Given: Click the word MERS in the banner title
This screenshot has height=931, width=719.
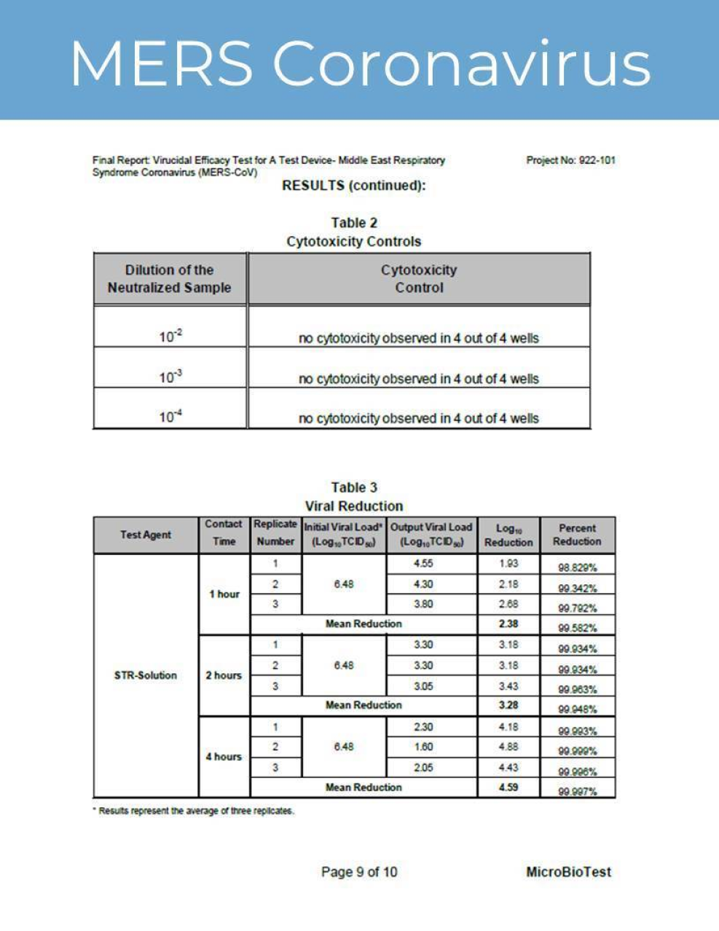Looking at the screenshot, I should click(x=162, y=63).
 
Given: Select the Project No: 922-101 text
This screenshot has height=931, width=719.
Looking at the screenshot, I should click(x=570, y=160).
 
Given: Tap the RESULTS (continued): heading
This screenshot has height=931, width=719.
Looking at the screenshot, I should click(x=353, y=186).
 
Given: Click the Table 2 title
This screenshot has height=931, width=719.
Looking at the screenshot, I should click(x=354, y=223).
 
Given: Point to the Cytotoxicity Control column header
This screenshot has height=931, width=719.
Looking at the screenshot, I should click(x=419, y=278).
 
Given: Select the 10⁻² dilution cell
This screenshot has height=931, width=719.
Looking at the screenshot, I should click(x=170, y=337).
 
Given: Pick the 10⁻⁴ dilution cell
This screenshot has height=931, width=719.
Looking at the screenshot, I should click(x=170, y=417).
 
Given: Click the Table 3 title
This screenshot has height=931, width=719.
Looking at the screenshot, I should click(x=354, y=487).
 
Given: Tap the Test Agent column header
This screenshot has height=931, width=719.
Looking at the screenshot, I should click(x=146, y=535).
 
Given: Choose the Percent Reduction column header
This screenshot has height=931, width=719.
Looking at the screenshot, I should click(x=577, y=535).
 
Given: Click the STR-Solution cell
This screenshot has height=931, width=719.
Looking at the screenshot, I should click(x=146, y=675).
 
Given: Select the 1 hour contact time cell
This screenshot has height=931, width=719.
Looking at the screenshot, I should click(x=224, y=594).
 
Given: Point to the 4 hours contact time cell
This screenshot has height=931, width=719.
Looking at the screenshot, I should click(x=224, y=757).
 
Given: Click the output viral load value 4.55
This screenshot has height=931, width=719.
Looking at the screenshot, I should click(x=423, y=564).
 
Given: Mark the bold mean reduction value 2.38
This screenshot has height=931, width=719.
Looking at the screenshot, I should click(x=508, y=624).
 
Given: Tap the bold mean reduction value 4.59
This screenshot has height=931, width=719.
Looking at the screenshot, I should click(x=508, y=787).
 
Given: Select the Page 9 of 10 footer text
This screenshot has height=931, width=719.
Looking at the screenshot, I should click(x=359, y=872).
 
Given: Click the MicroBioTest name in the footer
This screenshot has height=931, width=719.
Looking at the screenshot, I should click(x=568, y=872).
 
